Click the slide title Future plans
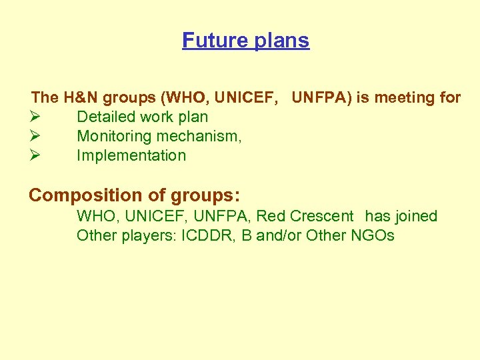[245, 41]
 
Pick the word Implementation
[131, 156]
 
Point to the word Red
[271, 217]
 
